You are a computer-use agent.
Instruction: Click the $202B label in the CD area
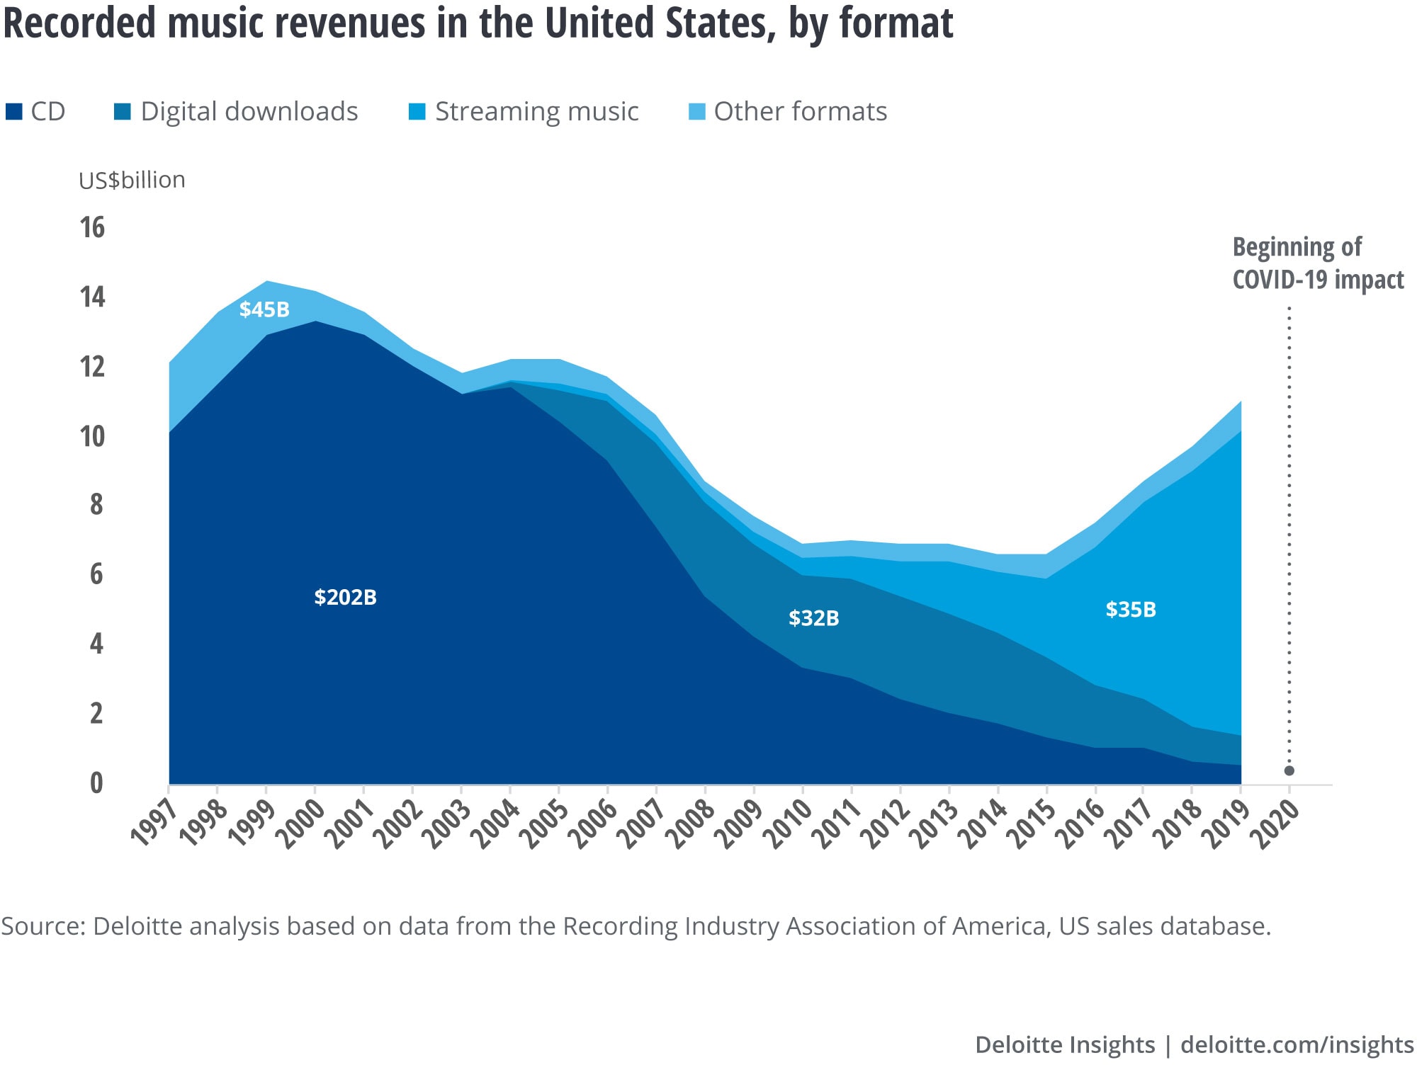click(345, 597)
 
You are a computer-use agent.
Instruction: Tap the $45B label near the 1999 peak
click(264, 309)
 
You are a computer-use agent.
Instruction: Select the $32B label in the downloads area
click(813, 618)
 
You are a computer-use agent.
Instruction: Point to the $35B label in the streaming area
click(1131, 609)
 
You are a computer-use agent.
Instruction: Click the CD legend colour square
click(13, 112)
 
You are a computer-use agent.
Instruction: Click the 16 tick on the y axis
click(92, 227)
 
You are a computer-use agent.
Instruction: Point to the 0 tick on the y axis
click(96, 782)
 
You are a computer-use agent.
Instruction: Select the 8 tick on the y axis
click(96, 504)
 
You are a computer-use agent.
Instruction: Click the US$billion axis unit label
click(132, 180)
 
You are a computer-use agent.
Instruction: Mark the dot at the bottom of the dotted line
click(1289, 770)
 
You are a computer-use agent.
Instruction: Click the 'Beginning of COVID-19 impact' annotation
click(1317, 263)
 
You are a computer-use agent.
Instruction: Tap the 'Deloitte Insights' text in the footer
click(1064, 1044)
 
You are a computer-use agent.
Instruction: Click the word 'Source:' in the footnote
click(43, 926)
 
